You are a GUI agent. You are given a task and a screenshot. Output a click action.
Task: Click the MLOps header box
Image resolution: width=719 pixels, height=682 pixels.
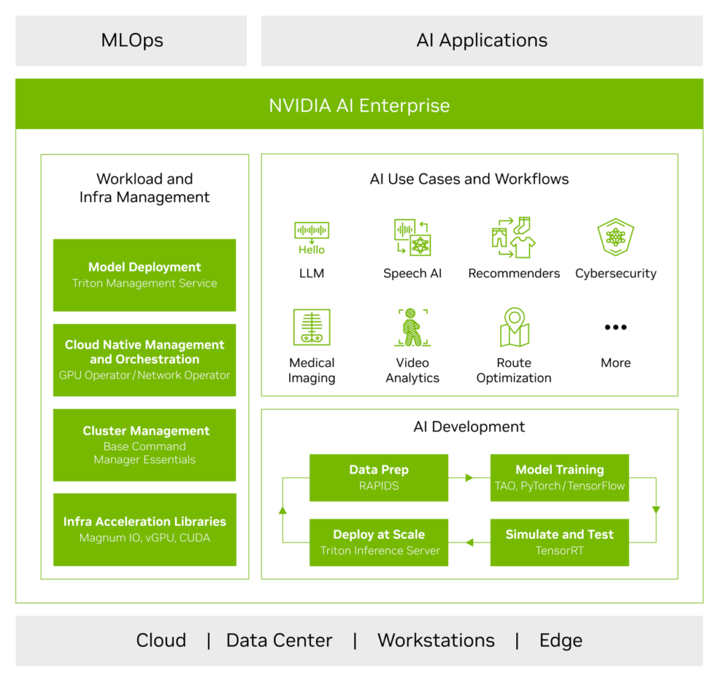pos(131,41)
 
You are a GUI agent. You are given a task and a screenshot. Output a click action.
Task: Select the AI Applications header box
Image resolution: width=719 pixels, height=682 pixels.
pos(482,41)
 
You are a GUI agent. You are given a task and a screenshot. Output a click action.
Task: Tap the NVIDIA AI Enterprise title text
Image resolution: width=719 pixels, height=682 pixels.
pos(359,106)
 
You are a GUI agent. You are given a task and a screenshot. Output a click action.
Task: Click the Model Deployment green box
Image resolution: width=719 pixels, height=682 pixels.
pos(145,275)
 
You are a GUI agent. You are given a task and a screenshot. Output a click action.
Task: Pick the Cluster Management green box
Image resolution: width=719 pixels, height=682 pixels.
pos(145,445)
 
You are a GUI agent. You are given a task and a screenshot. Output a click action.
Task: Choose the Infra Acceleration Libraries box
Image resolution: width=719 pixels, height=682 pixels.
pos(145,530)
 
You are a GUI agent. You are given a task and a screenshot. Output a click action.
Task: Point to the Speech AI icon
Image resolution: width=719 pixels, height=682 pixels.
pos(412,237)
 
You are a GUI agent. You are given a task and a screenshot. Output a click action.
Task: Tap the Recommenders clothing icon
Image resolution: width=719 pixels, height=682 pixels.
pos(514,237)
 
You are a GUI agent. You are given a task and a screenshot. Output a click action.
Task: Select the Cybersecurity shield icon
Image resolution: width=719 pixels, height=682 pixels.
pos(615,237)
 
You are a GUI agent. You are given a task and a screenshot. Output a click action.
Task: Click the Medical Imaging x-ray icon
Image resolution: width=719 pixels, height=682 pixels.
pos(312,328)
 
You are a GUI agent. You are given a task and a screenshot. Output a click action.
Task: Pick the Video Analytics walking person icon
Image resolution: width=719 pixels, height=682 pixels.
pos(412,328)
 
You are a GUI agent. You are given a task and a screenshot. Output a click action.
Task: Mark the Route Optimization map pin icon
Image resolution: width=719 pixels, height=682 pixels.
pos(514,327)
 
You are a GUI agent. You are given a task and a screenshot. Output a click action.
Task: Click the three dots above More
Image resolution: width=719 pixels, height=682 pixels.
pos(615,328)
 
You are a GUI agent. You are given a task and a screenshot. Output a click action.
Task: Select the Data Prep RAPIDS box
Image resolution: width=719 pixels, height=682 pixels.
pos(379,477)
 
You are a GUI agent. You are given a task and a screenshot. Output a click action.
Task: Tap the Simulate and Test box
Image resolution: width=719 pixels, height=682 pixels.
pos(559,542)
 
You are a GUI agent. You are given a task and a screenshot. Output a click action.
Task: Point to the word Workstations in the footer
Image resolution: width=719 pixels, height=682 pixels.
pos(436,641)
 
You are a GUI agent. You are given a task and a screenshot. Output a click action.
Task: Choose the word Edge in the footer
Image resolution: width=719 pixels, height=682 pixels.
pos(560,641)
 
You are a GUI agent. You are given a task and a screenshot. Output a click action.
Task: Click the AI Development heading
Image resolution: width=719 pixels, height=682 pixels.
pos(469,427)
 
